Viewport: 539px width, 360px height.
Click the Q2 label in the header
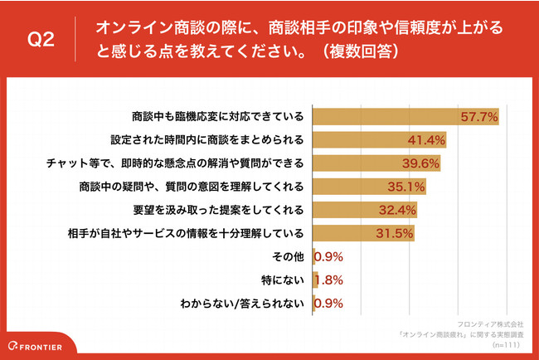[41, 41]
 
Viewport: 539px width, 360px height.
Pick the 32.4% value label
[396, 209]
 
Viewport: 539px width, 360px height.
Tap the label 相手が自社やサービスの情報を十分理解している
[191, 232]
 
